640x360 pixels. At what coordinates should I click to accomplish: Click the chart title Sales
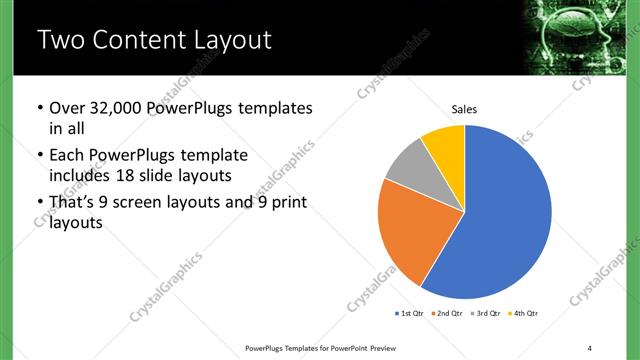pyautogui.click(x=465, y=107)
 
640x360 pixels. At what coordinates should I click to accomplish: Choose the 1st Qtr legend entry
pyautogui.click(x=410, y=314)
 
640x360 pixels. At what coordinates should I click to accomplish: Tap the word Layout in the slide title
pyautogui.click(x=230, y=41)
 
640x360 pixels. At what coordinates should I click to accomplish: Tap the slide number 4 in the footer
pyautogui.click(x=590, y=347)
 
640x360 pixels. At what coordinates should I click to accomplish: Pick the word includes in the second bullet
pyautogui.click(x=81, y=176)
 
